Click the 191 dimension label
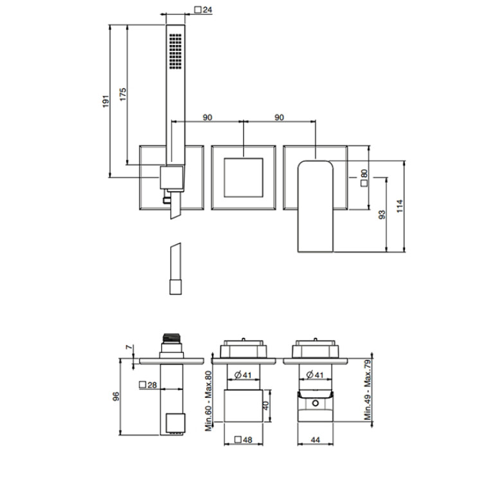[x=106, y=102]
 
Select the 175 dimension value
[x=123, y=94]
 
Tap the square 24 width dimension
[x=203, y=10]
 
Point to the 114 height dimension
[x=400, y=206]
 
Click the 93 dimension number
[x=382, y=215]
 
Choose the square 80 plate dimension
[x=364, y=178]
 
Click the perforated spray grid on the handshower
[x=175, y=51]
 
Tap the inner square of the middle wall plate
[x=244, y=177]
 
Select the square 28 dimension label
[x=148, y=385]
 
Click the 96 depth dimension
[x=116, y=396]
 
